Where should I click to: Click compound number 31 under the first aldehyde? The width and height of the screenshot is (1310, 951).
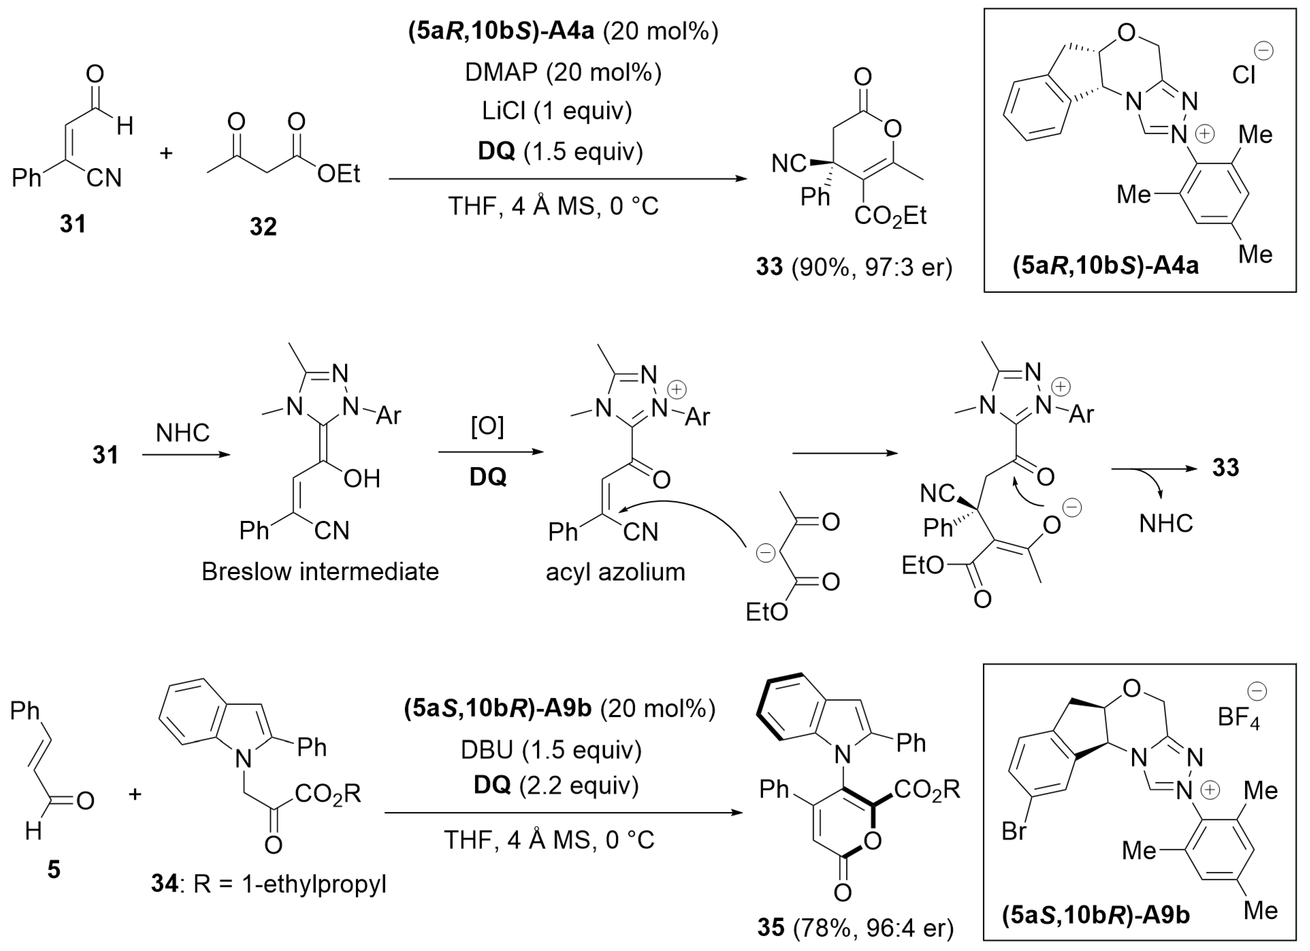click(73, 224)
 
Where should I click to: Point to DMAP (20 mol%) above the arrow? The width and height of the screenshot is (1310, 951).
click(563, 72)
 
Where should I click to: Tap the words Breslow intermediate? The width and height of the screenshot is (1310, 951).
click(320, 572)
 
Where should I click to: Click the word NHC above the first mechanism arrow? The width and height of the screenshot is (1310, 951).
click(182, 432)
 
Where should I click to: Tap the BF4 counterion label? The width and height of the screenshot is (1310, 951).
click(1238, 718)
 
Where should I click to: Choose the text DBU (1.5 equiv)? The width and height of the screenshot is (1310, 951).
click(551, 750)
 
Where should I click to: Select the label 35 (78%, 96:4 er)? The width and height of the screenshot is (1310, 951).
click(855, 927)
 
